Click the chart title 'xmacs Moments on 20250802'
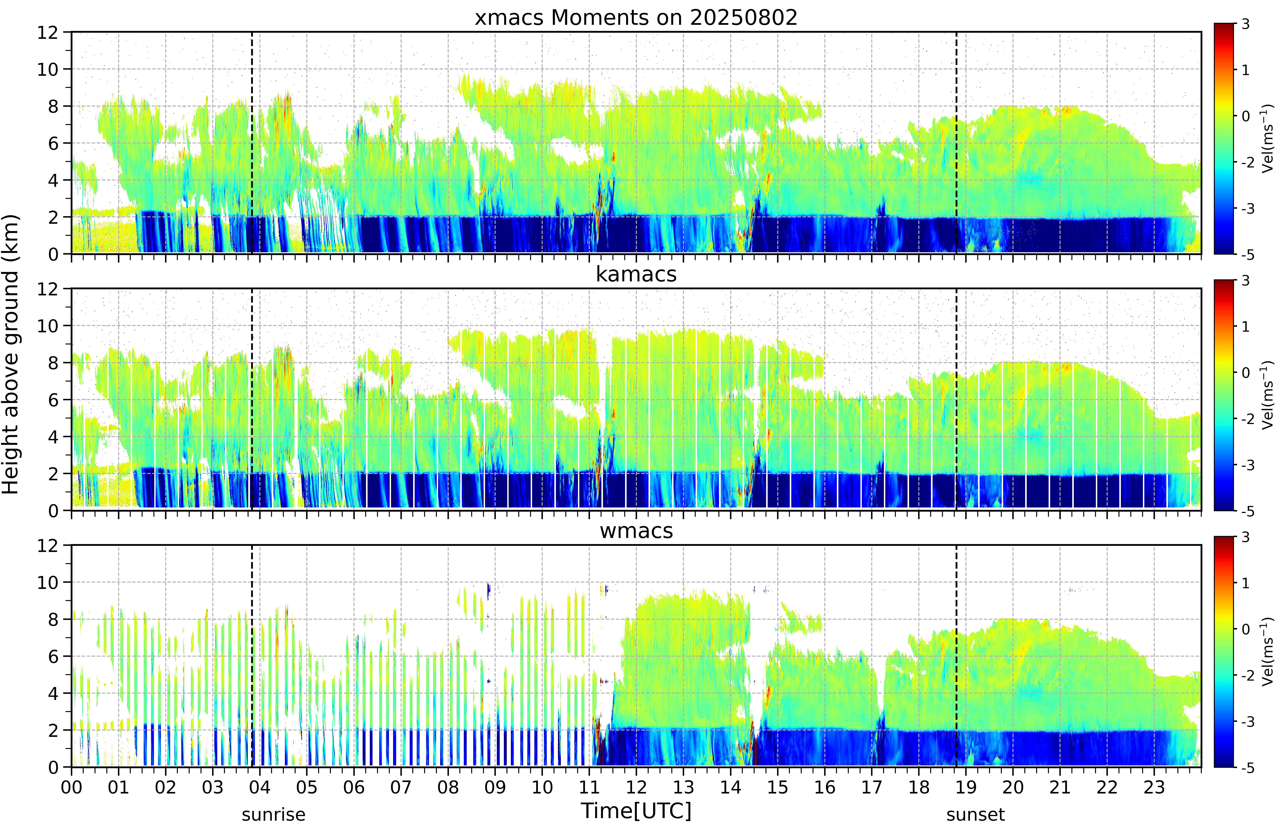pyautogui.click(x=636, y=18)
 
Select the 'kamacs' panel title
pyautogui.click(x=636, y=274)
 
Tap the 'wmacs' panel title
pyautogui.click(x=636, y=531)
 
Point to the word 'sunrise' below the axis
pyautogui.click(x=274, y=815)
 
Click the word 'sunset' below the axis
pyautogui.click(x=975, y=815)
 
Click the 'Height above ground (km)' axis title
pyautogui.click(x=10, y=354)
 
